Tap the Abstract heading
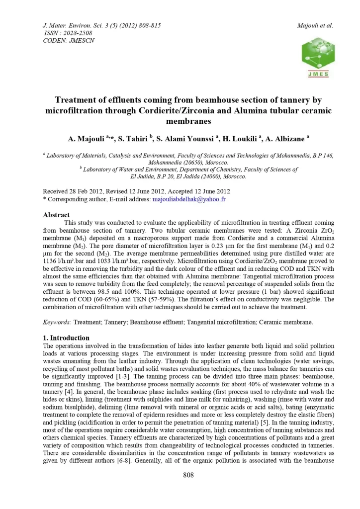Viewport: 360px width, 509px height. [56, 215]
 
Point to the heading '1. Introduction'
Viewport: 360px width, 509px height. [67, 338]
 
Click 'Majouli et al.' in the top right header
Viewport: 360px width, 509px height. [314, 25]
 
